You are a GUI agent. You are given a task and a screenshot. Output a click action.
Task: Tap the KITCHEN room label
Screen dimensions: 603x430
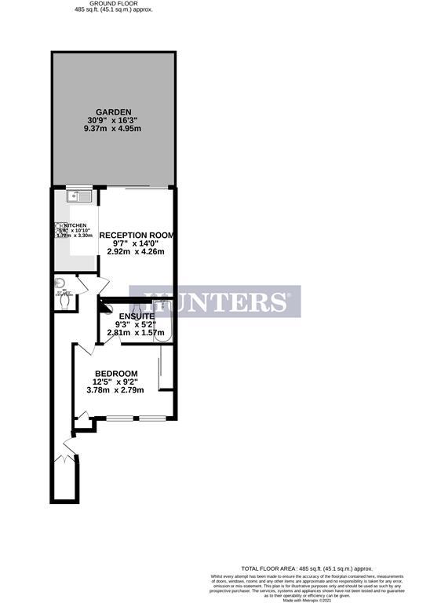click(75, 225)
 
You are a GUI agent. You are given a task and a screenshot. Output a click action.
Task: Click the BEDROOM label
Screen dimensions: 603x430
click(116, 373)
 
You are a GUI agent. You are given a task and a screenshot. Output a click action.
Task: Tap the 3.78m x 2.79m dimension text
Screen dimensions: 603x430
click(116, 390)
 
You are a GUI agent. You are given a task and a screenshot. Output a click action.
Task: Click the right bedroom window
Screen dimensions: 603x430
click(152, 416)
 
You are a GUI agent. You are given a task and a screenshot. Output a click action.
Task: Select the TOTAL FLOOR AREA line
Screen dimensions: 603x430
click(305, 568)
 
